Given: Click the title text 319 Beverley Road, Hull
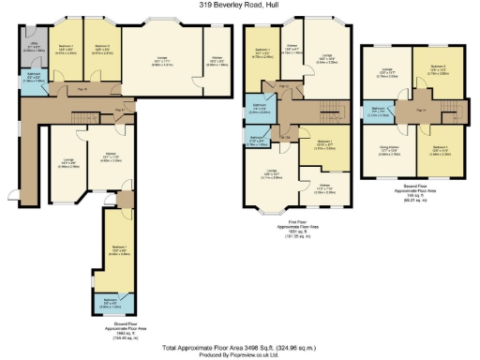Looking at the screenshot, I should [x=239, y=5].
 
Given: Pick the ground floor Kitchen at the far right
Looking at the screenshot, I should [x=216, y=59].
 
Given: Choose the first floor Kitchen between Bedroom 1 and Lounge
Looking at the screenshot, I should [x=293, y=53].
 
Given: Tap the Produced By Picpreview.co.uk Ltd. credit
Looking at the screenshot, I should [x=239, y=354].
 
